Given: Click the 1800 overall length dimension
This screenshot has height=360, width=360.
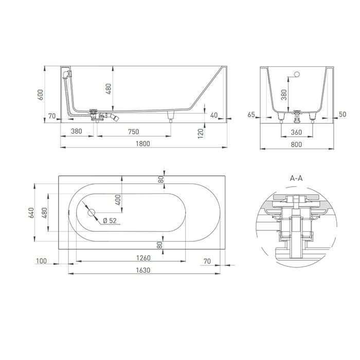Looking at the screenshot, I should (142, 143).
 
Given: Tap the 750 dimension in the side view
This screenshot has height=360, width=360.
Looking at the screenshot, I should (133, 132).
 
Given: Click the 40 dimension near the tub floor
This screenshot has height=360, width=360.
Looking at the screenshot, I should (213, 115).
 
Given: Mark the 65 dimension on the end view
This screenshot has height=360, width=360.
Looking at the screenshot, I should (251, 115).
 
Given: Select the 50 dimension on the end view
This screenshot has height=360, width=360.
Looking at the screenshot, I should (341, 115).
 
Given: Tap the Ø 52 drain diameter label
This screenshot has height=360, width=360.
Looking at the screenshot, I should (109, 221).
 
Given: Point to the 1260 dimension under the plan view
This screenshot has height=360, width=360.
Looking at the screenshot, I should (142, 258).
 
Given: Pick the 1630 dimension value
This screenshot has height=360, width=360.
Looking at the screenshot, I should (142, 270).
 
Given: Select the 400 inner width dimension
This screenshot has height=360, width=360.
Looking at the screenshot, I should (118, 200).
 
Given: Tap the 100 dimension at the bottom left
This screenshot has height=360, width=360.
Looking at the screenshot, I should (42, 262).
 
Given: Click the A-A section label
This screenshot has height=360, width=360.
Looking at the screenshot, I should (296, 178).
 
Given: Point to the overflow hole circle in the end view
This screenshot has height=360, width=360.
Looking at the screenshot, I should (296, 76).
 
